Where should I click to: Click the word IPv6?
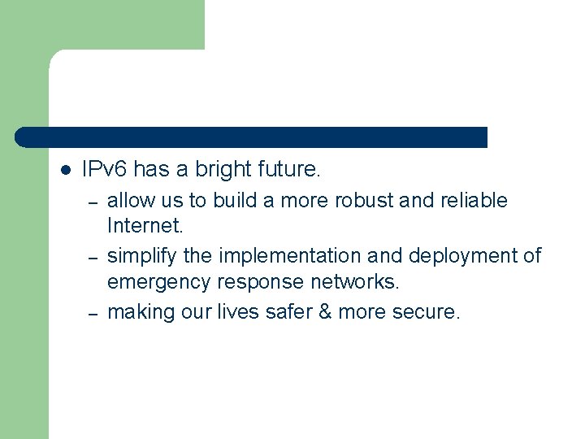click(105, 170)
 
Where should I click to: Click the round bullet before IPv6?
click(67, 171)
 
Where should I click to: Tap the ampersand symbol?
click(323, 312)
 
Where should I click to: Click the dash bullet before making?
click(93, 313)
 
